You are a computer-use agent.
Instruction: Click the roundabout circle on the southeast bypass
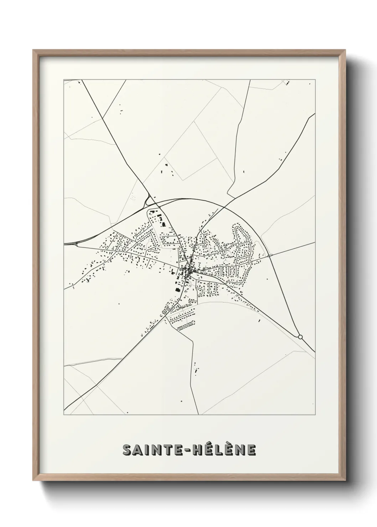pyautogui.click(x=300, y=336)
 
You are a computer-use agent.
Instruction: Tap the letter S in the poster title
pyautogui.click(x=127, y=450)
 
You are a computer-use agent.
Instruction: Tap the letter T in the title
pyautogui.click(x=168, y=450)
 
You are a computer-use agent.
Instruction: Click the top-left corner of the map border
pyautogui.click(x=64, y=80)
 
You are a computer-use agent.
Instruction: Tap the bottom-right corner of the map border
pyautogui.click(x=315, y=415)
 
